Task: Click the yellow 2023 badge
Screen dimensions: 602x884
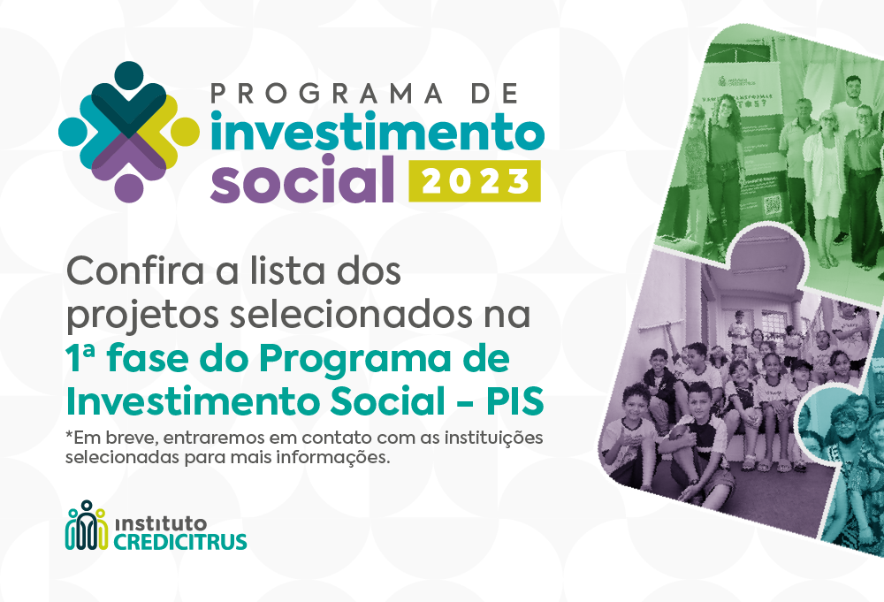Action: (474, 181)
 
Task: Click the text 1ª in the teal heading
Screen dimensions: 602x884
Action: (80, 360)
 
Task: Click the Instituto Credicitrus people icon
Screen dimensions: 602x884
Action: (86, 528)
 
